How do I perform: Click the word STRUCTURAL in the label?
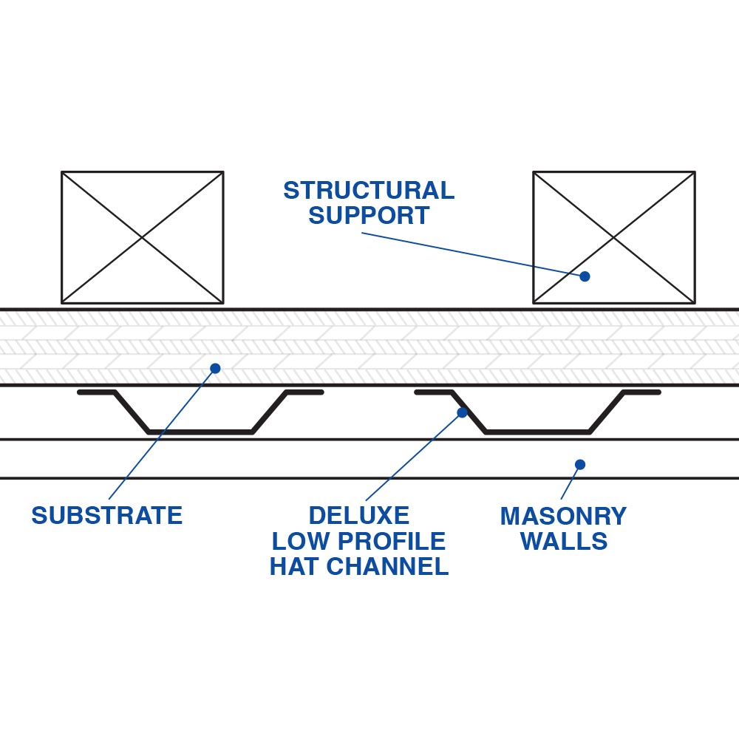click(369, 191)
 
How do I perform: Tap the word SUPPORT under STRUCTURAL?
click(369, 216)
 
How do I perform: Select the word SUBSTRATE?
click(106, 515)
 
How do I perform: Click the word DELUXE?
click(358, 515)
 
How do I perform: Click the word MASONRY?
click(563, 515)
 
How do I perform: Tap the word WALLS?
click(563, 541)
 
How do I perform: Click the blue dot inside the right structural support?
click(585, 276)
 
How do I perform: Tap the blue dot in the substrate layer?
click(215, 368)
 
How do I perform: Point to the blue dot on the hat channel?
click(463, 412)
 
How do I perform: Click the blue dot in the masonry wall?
click(580, 464)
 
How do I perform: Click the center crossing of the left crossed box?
click(142, 237)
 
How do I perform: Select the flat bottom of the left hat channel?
click(200, 432)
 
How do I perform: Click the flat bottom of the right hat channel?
click(537, 432)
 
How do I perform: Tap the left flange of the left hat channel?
click(96, 392)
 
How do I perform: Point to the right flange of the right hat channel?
click(641, 392)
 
